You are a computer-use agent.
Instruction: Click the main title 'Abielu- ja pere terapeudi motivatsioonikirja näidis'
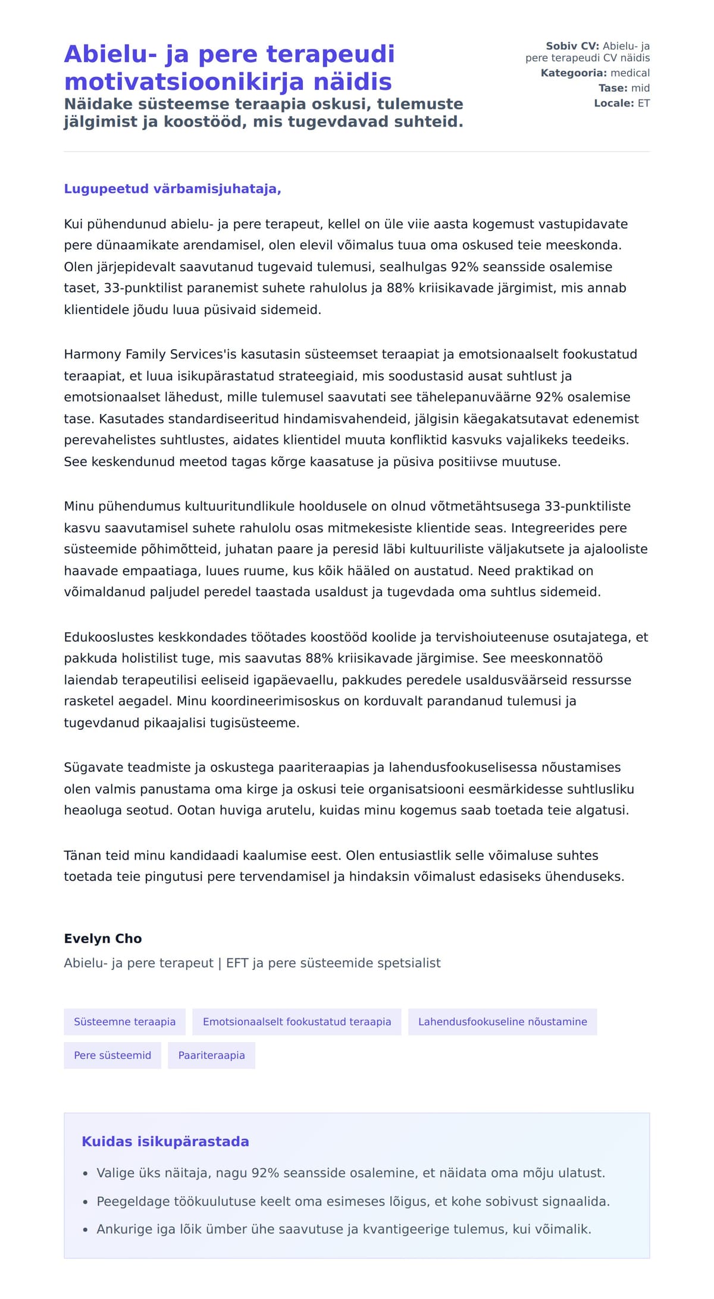[229, 67]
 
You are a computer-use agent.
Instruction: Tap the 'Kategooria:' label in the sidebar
[573, 73]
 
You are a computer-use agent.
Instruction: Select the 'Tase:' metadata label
[613, 88]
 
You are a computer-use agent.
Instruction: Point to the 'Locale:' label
[613, 103]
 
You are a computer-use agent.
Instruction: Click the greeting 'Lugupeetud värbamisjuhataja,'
[173, 189]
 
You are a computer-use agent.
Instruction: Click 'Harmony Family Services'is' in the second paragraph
[150, 354]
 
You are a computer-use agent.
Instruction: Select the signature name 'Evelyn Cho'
[103, 939]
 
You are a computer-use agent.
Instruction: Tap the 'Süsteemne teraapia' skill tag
[124, 1022]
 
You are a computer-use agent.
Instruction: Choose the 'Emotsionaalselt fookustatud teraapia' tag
[297, 1022]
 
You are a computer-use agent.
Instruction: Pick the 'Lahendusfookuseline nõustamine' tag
[502, 1022]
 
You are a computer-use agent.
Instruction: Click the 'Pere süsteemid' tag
[112, 1055]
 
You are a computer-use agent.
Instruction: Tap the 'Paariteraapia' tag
[211, 1055]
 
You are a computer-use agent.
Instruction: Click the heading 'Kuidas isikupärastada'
[165, 1141]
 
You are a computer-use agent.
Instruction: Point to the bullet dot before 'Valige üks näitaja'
[86, 1174]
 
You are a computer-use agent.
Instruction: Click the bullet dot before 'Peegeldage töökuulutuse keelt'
[86, 1202]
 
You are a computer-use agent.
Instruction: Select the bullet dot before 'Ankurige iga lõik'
[86, 1230]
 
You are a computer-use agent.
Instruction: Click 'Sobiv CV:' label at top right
[572, 46]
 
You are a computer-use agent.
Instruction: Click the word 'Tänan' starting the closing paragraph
[82, 856]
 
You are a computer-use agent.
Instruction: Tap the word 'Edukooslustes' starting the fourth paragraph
[109, 638]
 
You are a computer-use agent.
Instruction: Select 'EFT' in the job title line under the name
[237, 963]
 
